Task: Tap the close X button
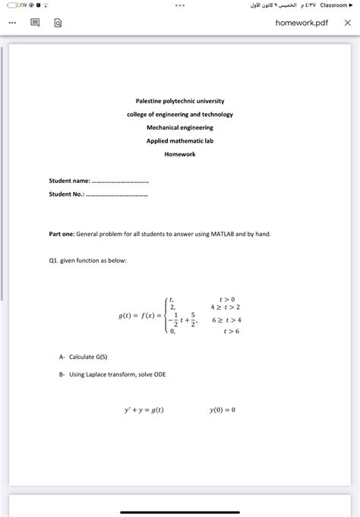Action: tap(347, 23)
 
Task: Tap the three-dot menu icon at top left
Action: tap(11, 23)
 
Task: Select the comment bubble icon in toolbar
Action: tap(35, 23)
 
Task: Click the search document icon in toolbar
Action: tap(58, 23)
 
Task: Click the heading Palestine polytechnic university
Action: tap(180, 100)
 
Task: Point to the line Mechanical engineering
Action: tap(180, 128)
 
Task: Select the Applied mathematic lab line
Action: tap(180, 140)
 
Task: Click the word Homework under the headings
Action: tap(180, 154)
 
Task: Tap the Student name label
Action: tap(69, 181)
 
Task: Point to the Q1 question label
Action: tap(54, 260)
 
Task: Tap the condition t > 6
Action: tap(228, 332)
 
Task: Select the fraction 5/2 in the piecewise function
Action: tap(194, 319)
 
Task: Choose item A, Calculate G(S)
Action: tap(85, 357)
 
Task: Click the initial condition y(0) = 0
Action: tap(223, 410)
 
